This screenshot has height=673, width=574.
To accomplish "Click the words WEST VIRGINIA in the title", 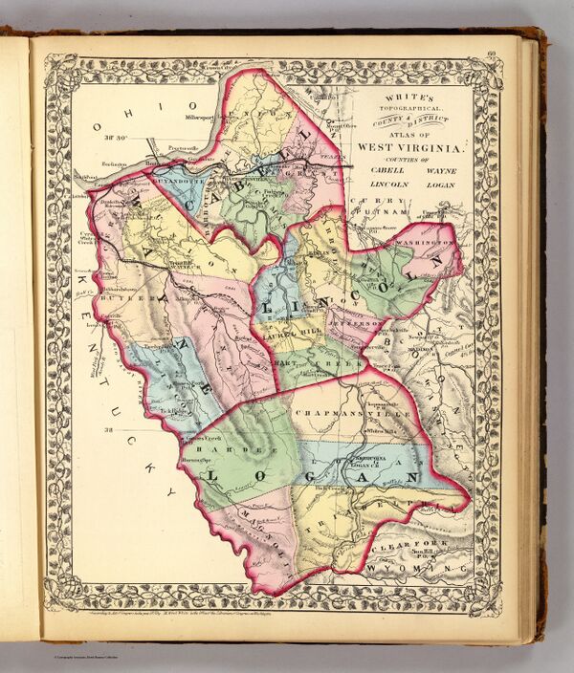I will click(410, 148).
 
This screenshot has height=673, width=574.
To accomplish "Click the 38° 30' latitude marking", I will click(119, 140).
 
